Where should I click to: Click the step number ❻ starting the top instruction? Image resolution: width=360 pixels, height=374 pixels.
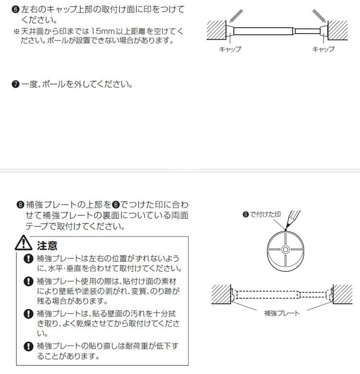(17, 10)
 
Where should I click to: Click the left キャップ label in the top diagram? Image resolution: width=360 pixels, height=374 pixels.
(230, 49)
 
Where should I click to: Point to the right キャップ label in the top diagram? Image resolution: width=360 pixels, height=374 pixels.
(323, 49)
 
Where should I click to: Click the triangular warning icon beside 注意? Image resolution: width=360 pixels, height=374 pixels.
(24, 245)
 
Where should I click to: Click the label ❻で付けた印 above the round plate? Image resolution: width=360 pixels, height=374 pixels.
(262, 214)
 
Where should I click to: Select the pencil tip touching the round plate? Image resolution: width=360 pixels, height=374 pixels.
(286, 232)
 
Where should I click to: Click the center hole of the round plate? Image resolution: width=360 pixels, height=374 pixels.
(285, 249)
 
